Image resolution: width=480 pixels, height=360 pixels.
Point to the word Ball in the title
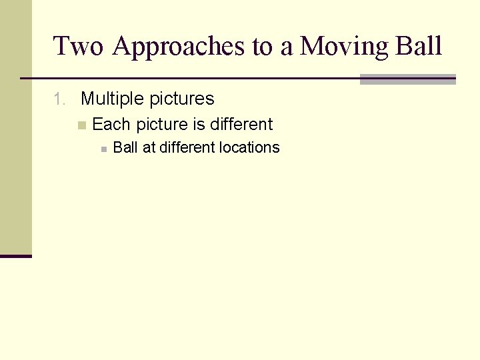click(x=418, y=47)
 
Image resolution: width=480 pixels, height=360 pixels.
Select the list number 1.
click(x=59, y=99)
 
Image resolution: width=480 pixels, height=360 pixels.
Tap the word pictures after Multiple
click(x=181, y=99)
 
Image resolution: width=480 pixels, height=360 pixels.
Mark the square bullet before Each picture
click(x=81, y=125)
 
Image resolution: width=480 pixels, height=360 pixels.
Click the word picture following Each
click(x=162, y=125)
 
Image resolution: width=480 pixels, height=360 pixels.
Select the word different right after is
click(x=241, y=125)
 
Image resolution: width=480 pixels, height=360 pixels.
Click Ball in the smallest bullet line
click(x=125, y=148)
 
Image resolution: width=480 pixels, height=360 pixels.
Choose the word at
click(x=149, y=148)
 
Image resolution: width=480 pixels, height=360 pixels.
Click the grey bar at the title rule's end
click(x=407, y=79)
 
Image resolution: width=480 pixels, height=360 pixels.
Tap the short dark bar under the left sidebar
click(x=16, y=255)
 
